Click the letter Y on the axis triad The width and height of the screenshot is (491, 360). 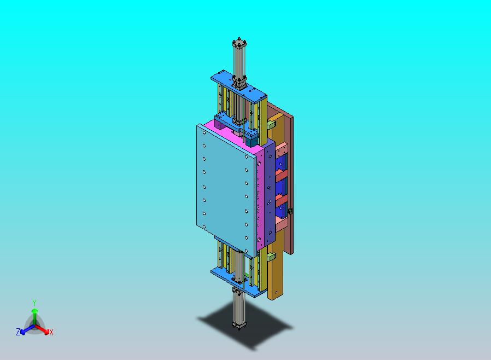pos(34,303)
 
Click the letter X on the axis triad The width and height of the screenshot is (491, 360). pos(51,332)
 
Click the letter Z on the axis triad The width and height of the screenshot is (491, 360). pos(18,332)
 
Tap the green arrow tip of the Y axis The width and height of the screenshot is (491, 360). pos(34,311)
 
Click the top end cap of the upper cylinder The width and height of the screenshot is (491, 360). pos(239,43)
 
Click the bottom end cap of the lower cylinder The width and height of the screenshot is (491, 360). pos(239,325)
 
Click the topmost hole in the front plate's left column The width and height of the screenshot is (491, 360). pos(204,132)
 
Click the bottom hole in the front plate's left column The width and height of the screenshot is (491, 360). pos(204,227)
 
